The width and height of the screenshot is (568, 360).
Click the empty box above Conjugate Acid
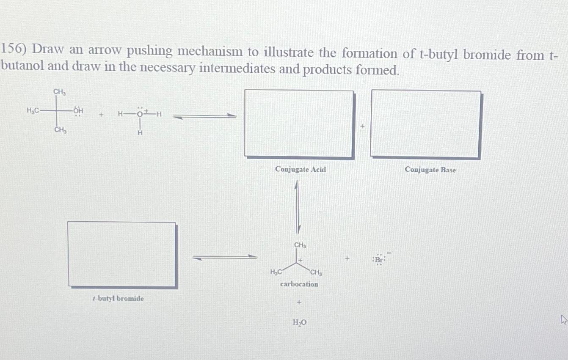[x=299, y=124]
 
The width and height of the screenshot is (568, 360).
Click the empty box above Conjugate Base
[x=425, y=124]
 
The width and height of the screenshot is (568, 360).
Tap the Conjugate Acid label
[x=301, y=170]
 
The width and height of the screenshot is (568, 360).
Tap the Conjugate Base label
[x=430, y=170]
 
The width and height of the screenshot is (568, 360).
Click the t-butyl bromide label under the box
[x=118, y=299]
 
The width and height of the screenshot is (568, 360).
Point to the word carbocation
[x=299, y=284]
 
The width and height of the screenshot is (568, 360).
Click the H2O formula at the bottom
[x=300, y=323]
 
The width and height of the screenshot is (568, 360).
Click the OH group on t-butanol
[x=78, y=111]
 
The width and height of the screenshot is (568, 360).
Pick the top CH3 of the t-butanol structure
[x=59, y=91]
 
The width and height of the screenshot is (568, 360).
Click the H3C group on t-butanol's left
[x=33, y=111]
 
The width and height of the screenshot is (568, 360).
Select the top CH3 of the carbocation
[x=300, y=245]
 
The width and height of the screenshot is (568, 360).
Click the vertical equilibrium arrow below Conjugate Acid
[x=298, y=206]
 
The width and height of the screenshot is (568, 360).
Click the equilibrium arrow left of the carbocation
[x=224, y=257]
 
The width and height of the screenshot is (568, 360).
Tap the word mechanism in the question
[x=211, y=52]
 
